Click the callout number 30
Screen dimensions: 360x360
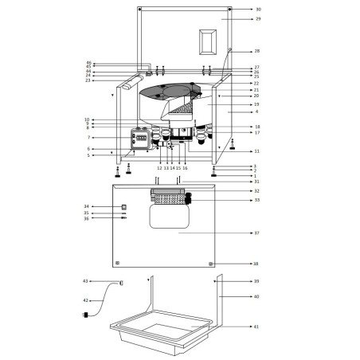(257, 9)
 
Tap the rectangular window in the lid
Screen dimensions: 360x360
(208, 41)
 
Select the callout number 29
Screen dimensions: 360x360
(257, 18)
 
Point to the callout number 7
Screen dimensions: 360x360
(88, 138)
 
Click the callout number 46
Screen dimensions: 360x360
(88, 63)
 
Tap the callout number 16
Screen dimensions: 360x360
(185, 168)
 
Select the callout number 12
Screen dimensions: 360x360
(159, 168)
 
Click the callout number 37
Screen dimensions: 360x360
(256, 233)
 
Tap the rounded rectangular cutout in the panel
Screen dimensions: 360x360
(170, 218)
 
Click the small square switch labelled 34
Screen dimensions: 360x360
(124, 207)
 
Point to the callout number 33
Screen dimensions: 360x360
(256, 200)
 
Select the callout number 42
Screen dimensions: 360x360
(86, 300)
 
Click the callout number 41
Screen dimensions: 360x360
(256, 327)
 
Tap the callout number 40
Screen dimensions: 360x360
(256, 296)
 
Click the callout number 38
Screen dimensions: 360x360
(256, 264)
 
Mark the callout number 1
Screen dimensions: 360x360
(256, 176)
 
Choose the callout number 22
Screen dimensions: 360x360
(256, 83)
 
